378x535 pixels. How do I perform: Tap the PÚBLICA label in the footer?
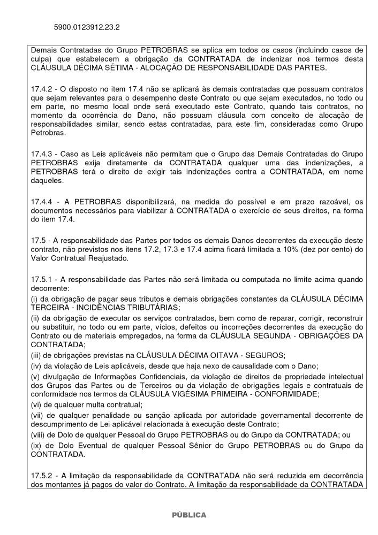(x=188, y=515)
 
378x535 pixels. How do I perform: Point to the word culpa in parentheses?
(x=42, y=59)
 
